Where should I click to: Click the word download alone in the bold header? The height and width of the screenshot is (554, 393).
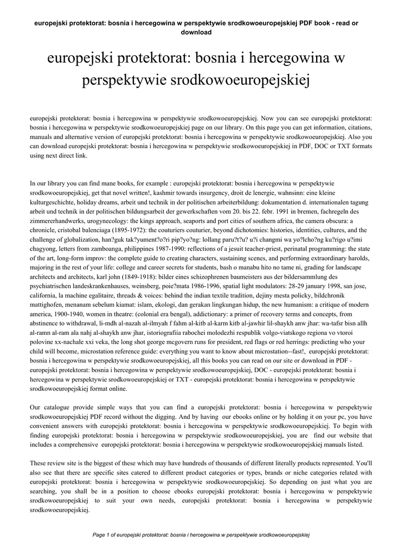coord(196,32)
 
